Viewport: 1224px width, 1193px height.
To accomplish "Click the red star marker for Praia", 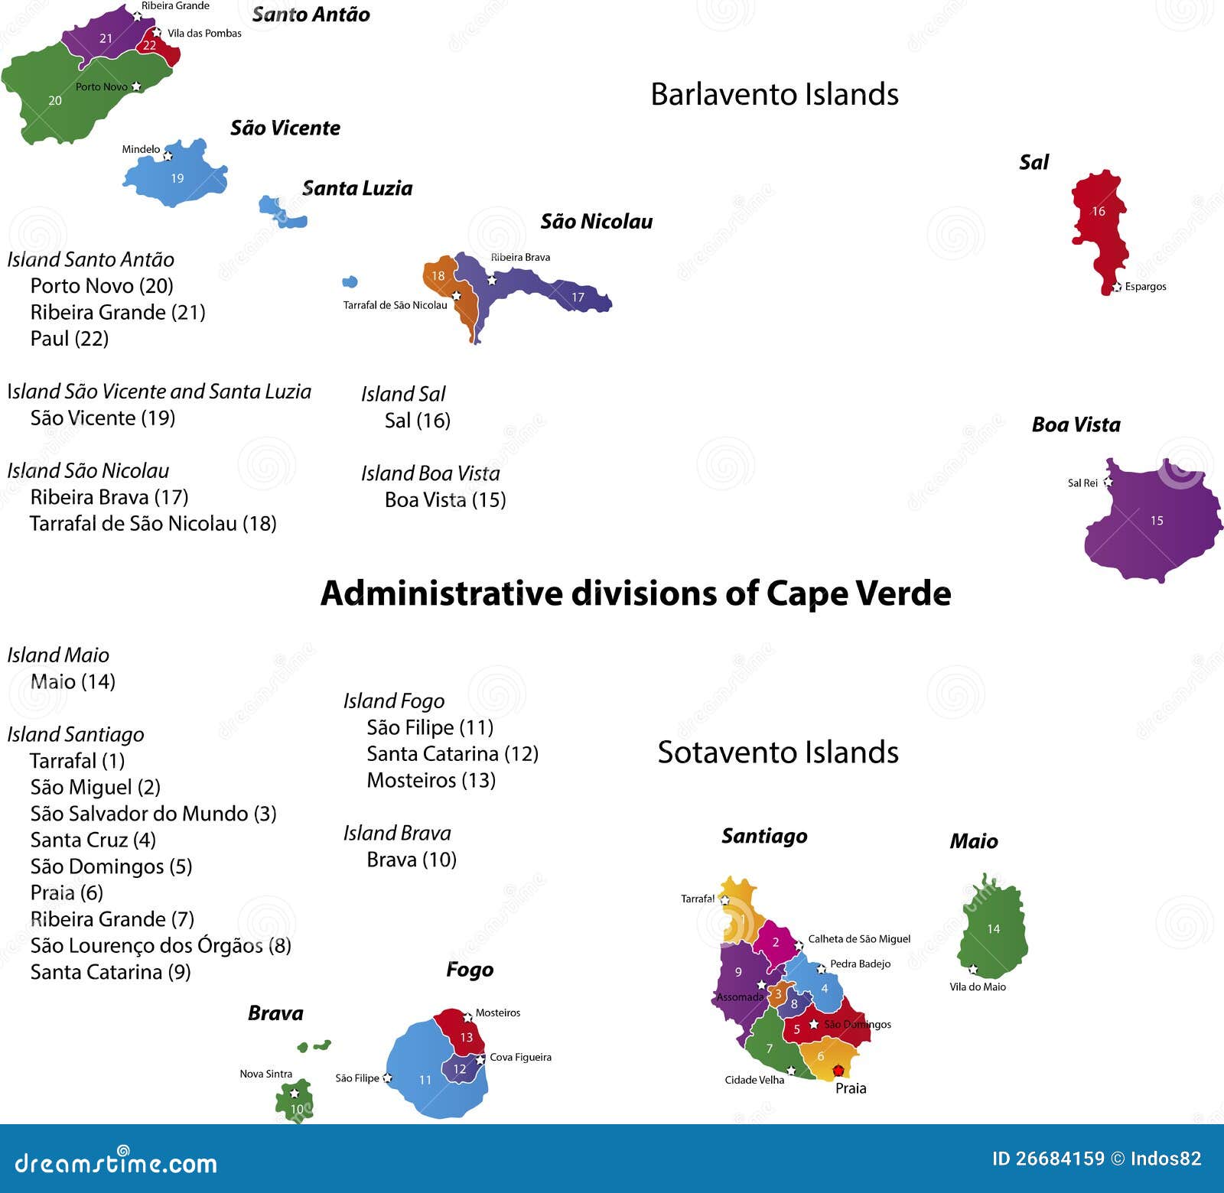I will coord(838,1070).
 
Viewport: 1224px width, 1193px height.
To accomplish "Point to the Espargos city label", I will coord(1145,287).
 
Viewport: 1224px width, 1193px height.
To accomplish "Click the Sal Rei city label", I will coord(1082,483).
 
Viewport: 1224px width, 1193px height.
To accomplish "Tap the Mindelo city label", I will coord(141,149).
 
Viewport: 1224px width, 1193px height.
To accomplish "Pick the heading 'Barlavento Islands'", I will coord(774,94).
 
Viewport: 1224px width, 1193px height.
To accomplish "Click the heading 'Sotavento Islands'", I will coord(778,753).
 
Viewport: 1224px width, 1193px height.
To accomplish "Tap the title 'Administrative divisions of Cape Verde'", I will coord(635,593).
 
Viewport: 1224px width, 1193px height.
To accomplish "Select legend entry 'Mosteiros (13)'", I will coord(431,780).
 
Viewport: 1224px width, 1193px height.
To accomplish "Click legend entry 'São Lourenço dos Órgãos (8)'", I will coord(161,946).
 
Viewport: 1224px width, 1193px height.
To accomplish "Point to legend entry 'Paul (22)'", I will coord(70,338).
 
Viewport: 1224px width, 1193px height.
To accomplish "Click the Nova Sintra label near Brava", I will coord(265,1074).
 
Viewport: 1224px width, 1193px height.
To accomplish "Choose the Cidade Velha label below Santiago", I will coord(754,1080).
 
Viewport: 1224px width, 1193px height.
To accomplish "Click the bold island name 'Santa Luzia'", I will coord(357,188).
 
